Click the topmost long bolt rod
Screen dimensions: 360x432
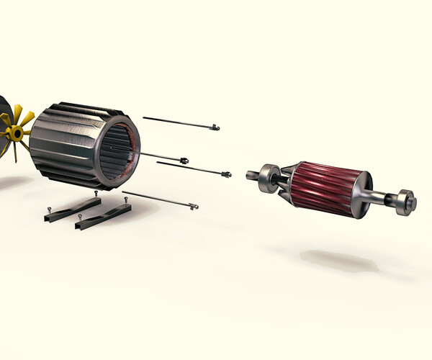click(x=176, y=122)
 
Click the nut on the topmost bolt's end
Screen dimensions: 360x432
click(x=214, y=128)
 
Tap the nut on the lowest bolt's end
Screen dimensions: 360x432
click(x=193, y=207)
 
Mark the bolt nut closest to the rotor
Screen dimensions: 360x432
click(x=227, y=174)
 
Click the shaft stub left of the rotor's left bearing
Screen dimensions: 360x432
click(x=251, y=174)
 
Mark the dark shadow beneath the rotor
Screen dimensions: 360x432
click(x=338, y=261)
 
